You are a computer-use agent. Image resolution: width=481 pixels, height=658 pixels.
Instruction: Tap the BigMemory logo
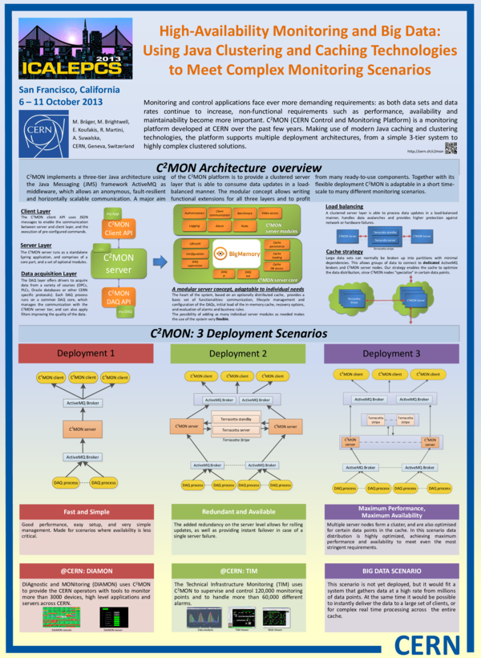240,254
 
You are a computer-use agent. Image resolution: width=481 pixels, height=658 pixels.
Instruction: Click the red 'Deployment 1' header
85,352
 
